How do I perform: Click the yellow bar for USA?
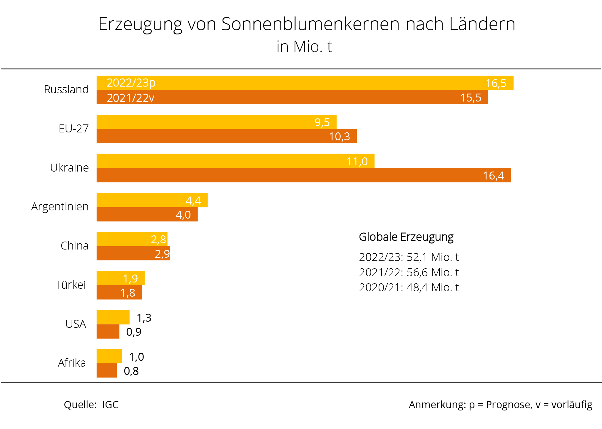113,317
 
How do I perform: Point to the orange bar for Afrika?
106,370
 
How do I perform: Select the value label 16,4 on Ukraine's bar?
493,176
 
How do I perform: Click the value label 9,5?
322,122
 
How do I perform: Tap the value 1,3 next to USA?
144,318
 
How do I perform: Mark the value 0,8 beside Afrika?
131,371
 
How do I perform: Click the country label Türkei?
71,285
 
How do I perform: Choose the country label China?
74,246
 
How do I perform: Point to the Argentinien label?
60,207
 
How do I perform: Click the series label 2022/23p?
131,83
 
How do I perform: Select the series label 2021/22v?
130,98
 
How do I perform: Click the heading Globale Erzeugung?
406,237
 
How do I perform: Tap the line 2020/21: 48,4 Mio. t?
409,287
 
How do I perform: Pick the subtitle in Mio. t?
304,46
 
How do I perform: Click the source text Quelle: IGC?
91,405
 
